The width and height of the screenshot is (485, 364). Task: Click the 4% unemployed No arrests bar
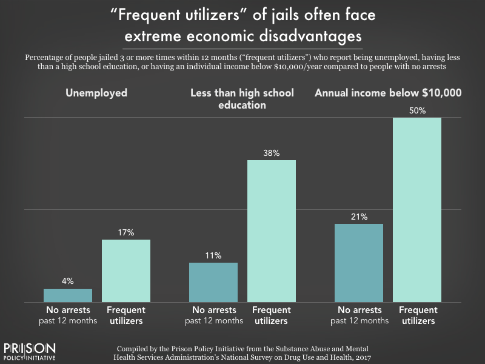pos(68,295)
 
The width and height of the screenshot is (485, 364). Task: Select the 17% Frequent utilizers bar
pos(126,271)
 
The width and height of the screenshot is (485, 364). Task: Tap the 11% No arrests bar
pos(213,282)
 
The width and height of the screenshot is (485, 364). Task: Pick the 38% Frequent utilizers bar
pos(272,231)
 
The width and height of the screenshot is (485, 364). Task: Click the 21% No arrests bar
pos(359,263)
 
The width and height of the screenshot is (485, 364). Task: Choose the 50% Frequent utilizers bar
pos(417,209)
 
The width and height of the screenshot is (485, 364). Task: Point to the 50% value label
pos(417,111)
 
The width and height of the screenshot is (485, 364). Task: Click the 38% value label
pos(272,153)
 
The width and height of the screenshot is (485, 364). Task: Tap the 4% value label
pos(68,281)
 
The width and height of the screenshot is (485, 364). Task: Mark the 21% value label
pos(359,217)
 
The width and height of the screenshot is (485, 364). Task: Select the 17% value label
pos(126,233)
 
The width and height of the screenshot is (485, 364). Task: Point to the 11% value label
pos(213,255)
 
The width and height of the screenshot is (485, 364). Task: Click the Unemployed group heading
pos(98,93)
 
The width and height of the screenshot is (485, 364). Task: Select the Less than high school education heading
pos(242,99)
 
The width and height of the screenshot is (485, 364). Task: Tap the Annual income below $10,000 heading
pos(387,93)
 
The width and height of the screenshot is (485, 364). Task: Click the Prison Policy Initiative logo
pos(30,351)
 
